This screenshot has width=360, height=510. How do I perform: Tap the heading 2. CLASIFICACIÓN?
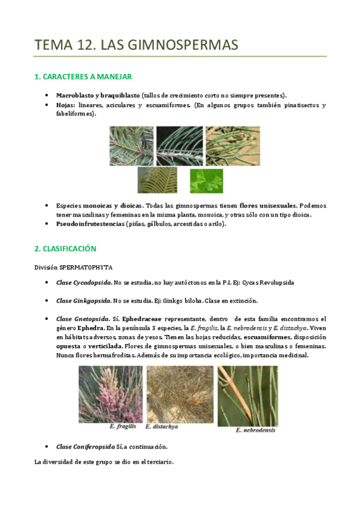pyautogui.click(x=65, y=248)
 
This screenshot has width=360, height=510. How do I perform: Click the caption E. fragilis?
pyautogui.click(x=123, y=426)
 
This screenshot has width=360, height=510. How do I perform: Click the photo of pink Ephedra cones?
pyautogui.click(x=111, y=394)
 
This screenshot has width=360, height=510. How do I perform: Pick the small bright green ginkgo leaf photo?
pyautogui.click(x=206, y=180)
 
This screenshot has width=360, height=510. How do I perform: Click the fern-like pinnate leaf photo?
pyautogui.click(x=157, y=180)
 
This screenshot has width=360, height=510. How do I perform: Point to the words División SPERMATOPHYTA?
pyautogui.click(x=73, y=267)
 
